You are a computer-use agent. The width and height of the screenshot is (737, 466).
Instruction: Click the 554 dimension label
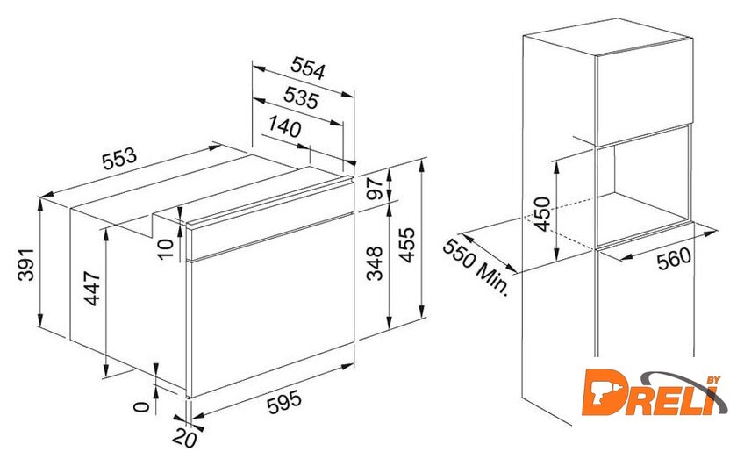tap(307, 68)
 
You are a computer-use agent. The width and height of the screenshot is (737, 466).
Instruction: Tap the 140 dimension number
tap(285, 126)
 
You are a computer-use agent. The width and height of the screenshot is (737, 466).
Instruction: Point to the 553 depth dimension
tap(119, 159)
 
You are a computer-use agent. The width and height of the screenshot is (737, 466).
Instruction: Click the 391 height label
tap(25, 264)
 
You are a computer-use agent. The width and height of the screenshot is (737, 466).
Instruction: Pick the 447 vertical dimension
tap(92, 288)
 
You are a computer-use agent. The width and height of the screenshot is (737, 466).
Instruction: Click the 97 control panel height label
tap(376, 189)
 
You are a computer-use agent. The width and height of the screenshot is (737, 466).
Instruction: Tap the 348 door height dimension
tap(375, 263)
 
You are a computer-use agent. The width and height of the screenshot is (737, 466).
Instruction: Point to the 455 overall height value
tap(407, 245)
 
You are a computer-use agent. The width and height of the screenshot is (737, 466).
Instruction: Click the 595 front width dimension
tap(284, 403)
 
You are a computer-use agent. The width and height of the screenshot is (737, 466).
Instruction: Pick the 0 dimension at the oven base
tap(141, 406)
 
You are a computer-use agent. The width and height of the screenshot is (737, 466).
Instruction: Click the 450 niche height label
tap(542, 214)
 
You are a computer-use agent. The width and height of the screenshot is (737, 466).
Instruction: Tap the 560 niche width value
tap(675, 259)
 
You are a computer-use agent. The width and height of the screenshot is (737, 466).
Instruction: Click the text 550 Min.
tap(476, 267)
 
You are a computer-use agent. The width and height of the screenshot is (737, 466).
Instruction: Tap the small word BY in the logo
tap(713, 380)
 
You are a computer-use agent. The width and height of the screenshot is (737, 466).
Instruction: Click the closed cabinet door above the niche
tap(644, 91)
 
